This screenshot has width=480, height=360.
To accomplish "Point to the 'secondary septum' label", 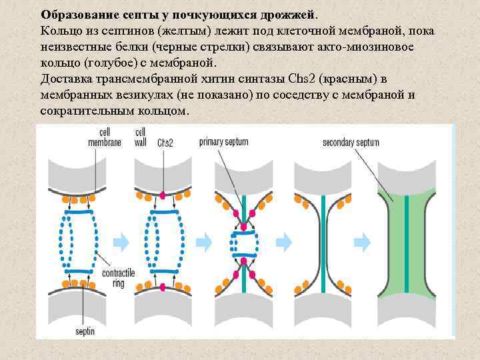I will (x=351, y=142).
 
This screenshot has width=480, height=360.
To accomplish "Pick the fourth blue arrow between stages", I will (x=363, y=239).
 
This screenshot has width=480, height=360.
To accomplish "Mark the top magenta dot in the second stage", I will (x=163, y=195).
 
